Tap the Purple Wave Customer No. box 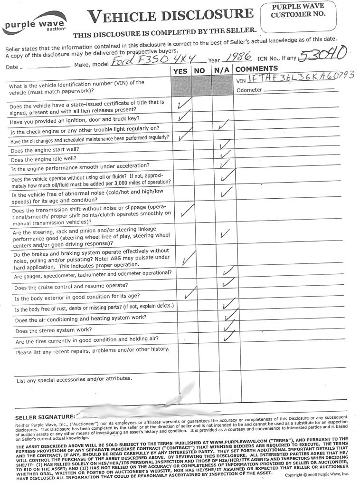coord(298,16)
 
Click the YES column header coord(180,70)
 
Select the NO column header coord(199,71)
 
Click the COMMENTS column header coord(256,69)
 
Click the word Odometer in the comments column coord(249,90)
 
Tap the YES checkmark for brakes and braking coord(188,258)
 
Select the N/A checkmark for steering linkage coord(225,234)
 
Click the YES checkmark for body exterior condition coord(189,294)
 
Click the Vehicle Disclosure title coord(170,16)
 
